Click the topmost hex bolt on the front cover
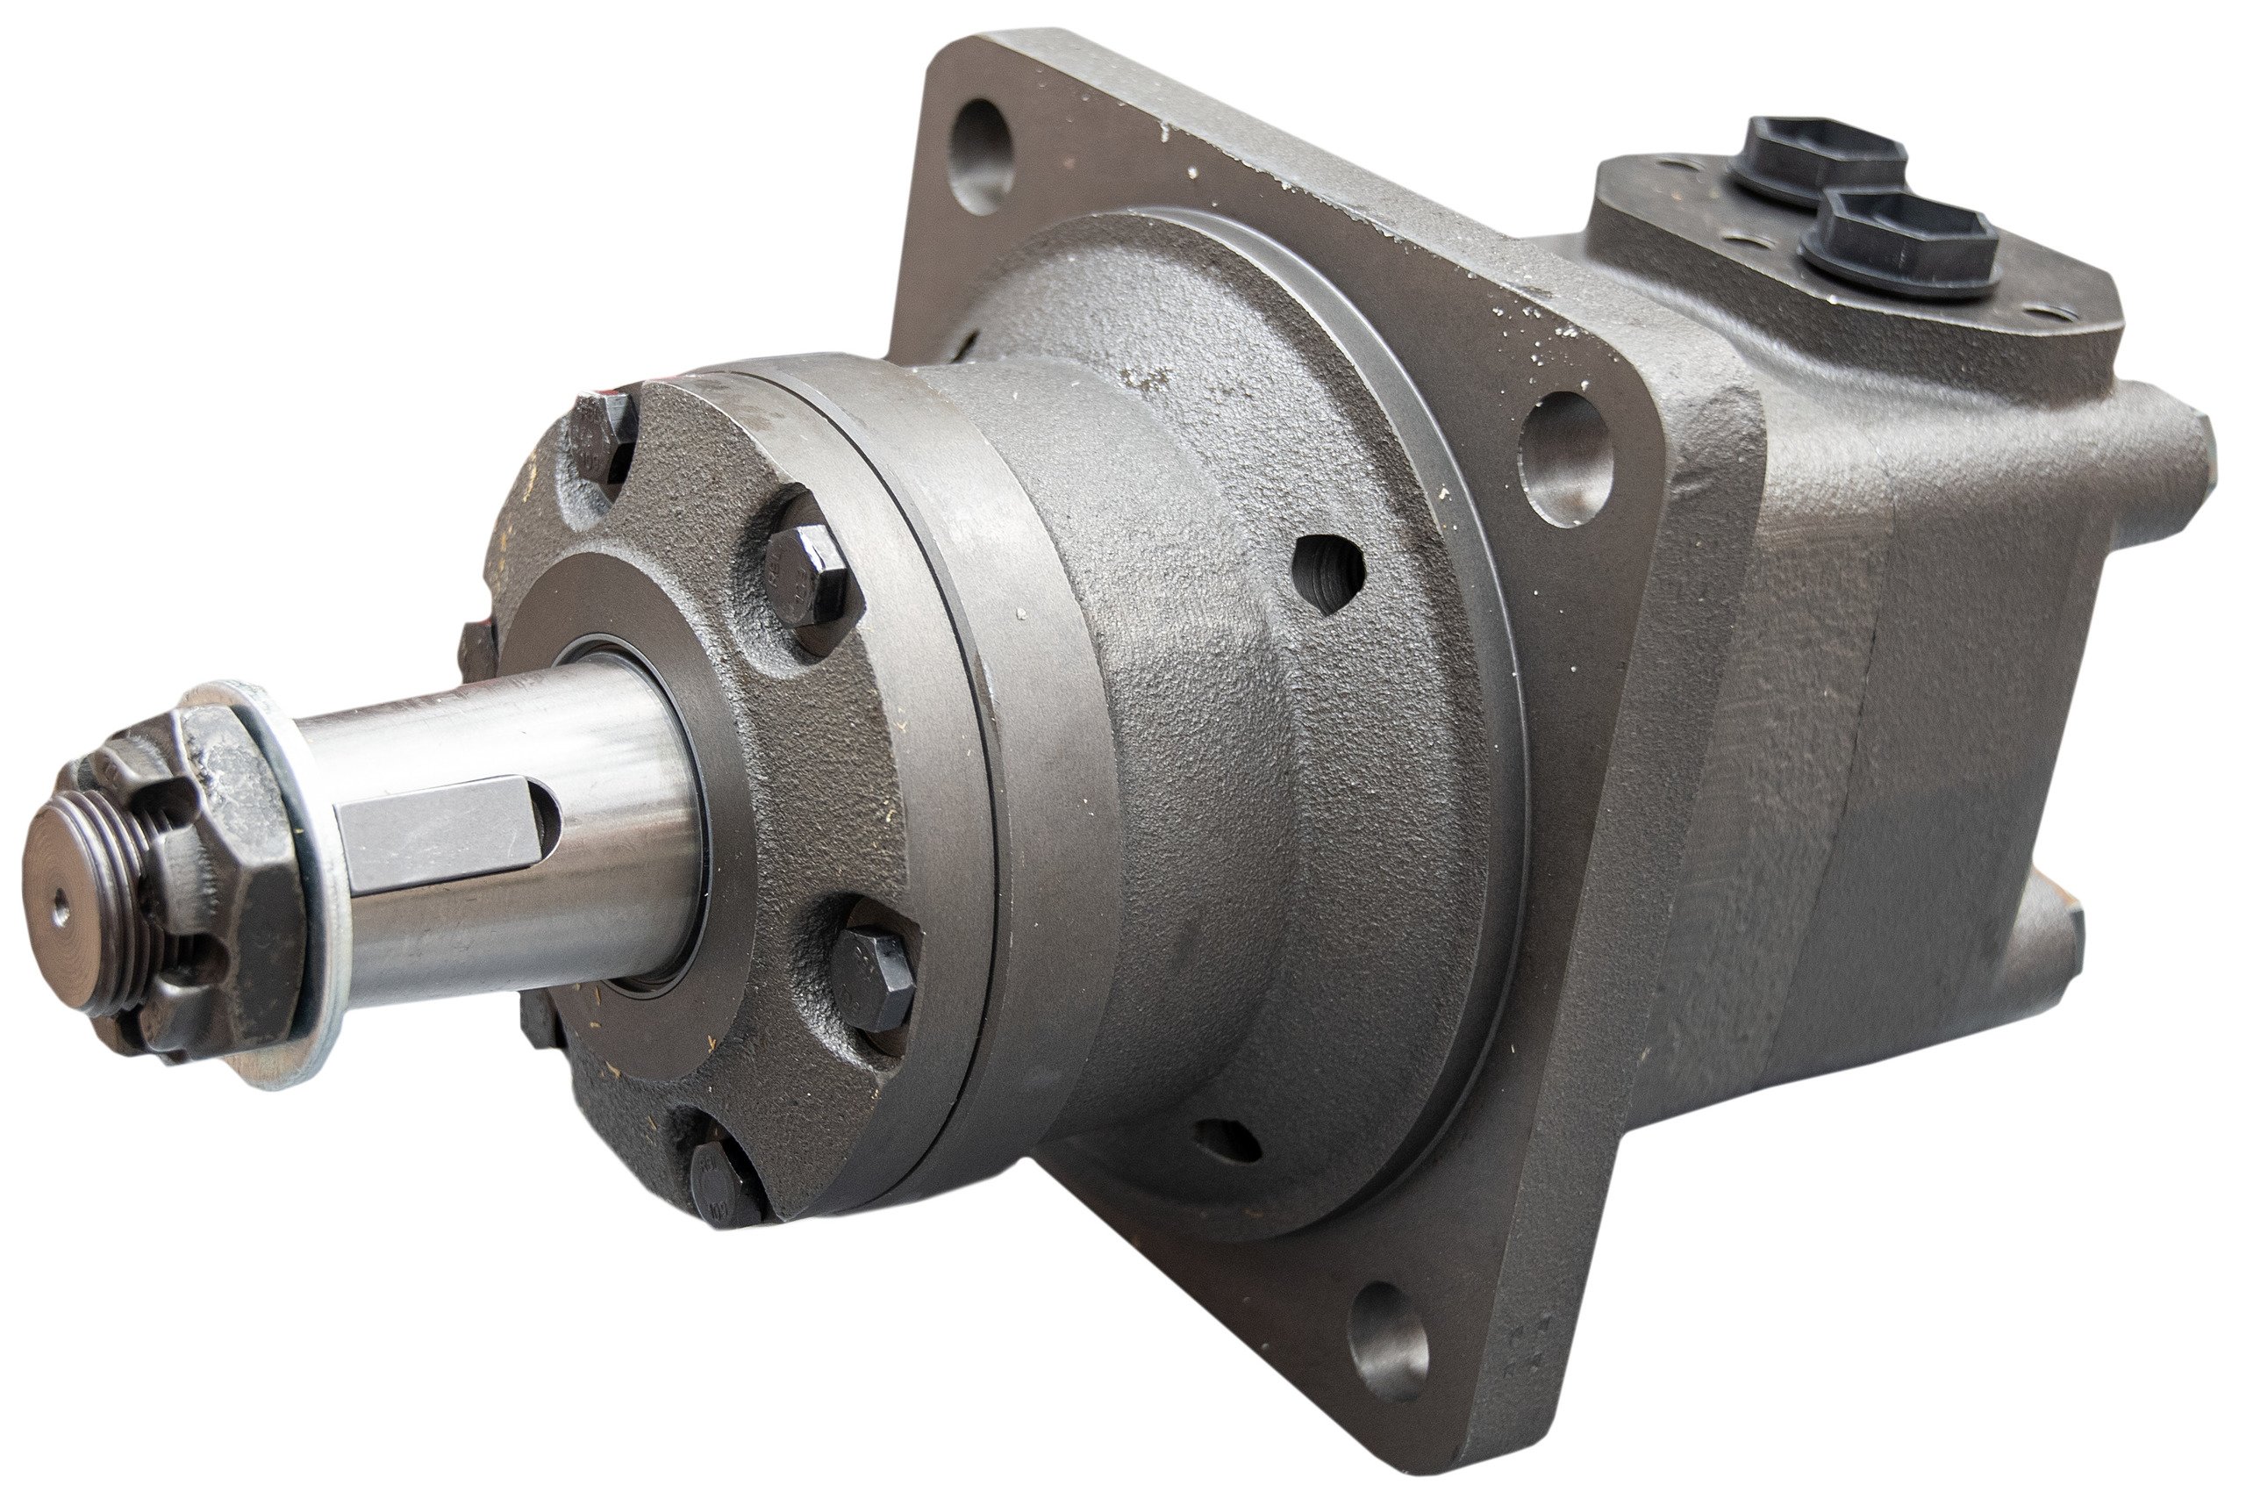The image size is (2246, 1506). [602, 438]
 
